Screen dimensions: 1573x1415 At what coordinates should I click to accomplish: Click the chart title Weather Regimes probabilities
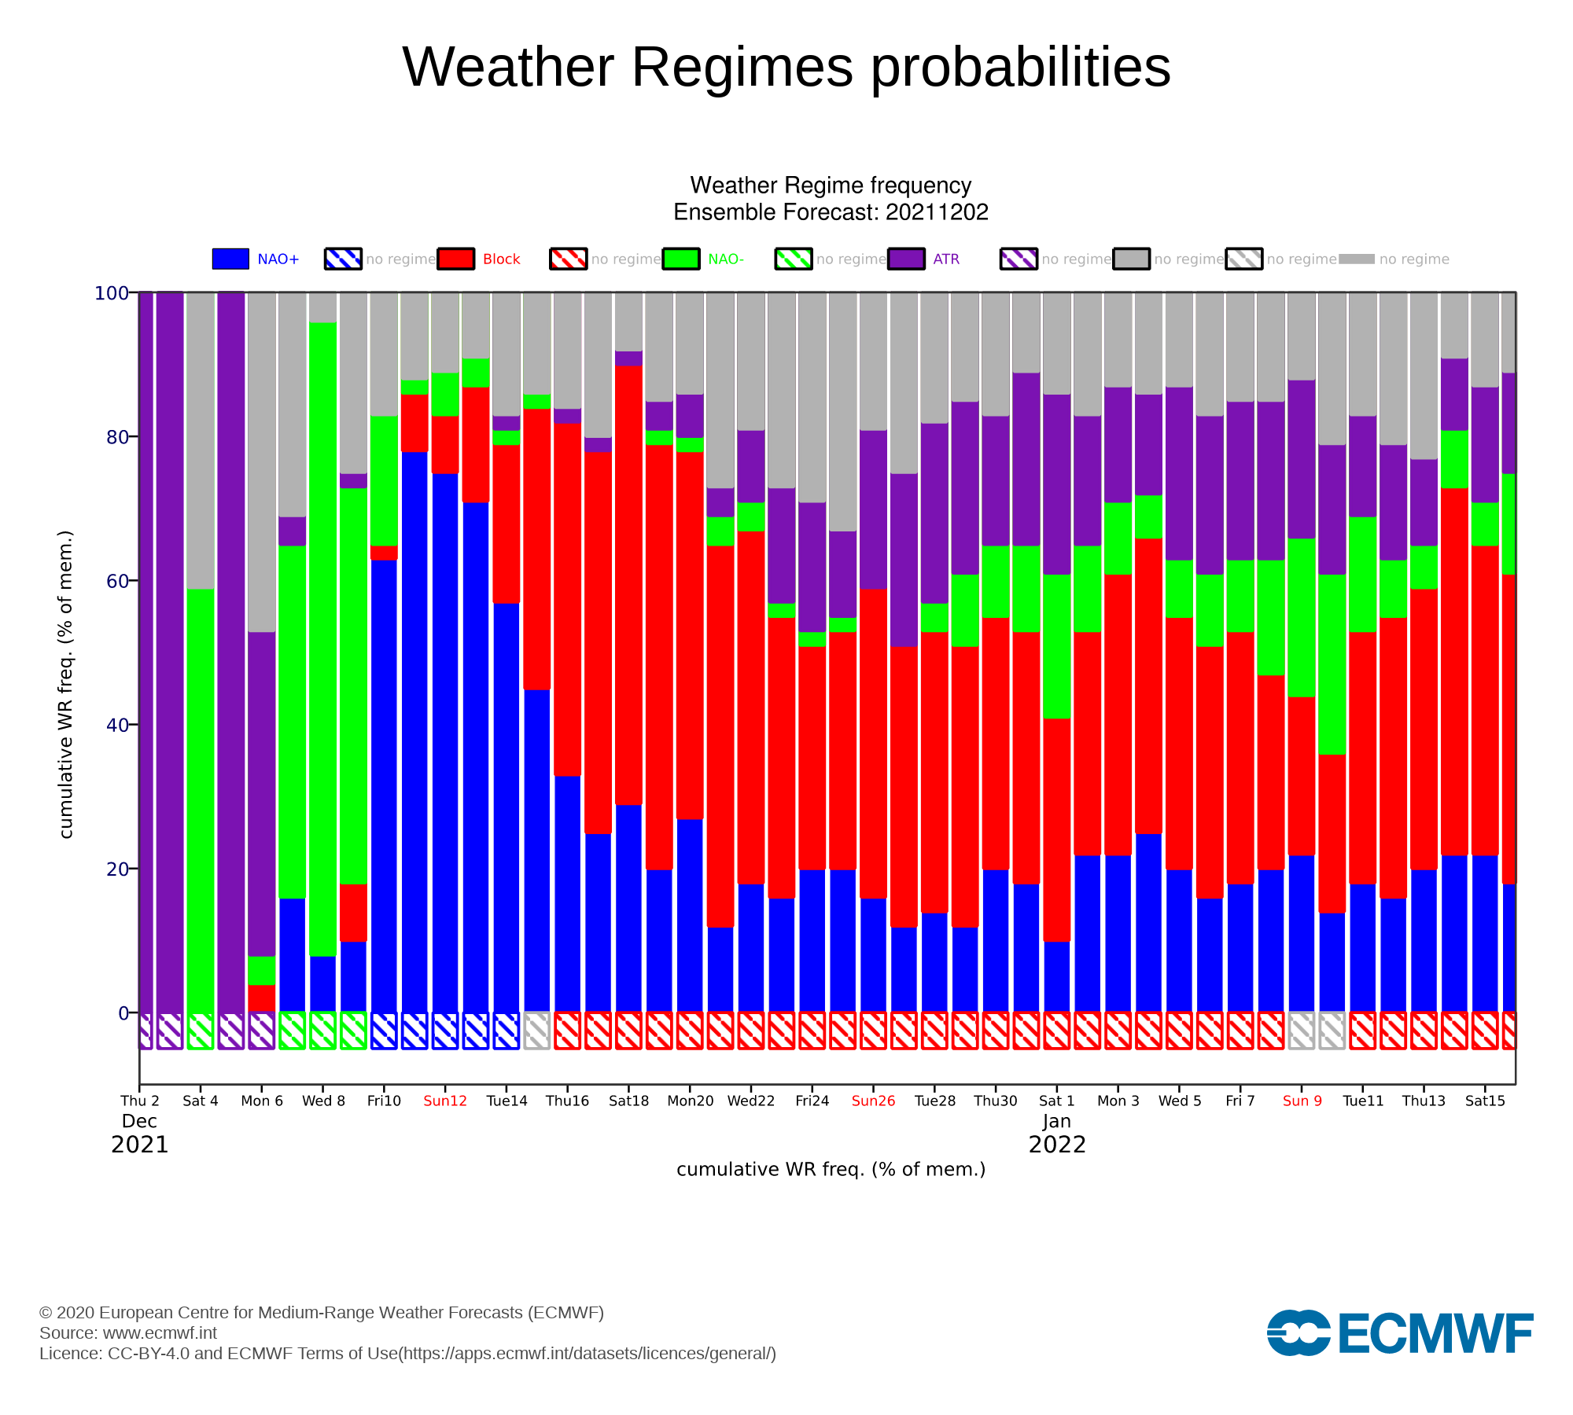[x=786, y=67]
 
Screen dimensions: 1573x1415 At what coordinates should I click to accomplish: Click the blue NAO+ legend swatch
[x=230, y=259]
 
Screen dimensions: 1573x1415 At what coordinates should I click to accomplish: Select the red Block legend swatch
[x=456, y=259]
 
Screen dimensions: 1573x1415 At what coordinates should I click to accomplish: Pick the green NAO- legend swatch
[x=681, y=259]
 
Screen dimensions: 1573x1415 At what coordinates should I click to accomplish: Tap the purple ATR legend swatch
[x=906, y=259]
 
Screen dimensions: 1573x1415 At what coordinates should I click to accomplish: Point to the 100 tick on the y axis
[x=112, y=293]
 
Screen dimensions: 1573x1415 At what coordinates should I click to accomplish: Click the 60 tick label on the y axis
[x=117, y=581]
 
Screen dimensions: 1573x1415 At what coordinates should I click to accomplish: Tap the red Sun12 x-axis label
[x=445, y=1101]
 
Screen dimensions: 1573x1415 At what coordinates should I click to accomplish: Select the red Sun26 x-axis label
[x=873, y=1101]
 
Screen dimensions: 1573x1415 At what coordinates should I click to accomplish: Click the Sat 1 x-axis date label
[x=1056, y=1101]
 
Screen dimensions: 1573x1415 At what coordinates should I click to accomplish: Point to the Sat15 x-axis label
[x=1485, y=1101]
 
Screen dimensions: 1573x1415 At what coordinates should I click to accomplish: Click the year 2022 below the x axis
[x=1057, y=1145]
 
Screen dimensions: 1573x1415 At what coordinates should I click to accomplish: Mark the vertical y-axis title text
[x=66, y=685]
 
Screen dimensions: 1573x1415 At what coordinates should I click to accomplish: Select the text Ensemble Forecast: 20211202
[x=831, y=212]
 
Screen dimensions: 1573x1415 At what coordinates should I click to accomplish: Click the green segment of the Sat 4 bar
[x=201, y=801]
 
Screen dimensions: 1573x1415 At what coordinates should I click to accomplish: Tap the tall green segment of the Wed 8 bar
[x=323, y=639]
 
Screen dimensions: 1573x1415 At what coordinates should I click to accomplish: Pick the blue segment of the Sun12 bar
[x=445, y=743]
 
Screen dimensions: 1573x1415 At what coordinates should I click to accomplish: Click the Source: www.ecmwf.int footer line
[x=128, y=1332]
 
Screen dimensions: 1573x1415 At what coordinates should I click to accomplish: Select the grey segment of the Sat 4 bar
[x=201, y=441]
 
